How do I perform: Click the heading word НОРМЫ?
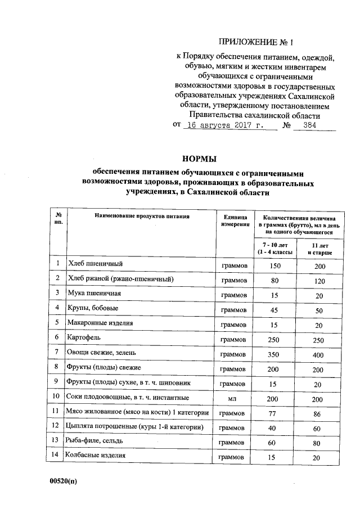pos(199,159)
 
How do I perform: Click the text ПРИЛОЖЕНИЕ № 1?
pos(263,42)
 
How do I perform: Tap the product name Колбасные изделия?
pos(96,455)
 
